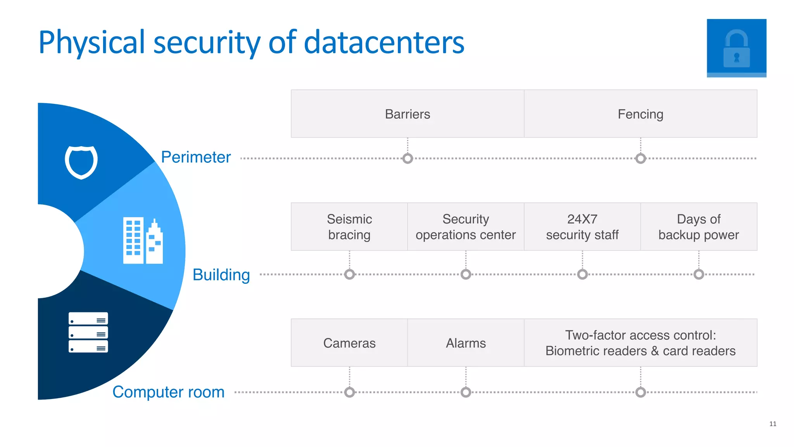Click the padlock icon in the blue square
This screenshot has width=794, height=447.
(x=736, y=48)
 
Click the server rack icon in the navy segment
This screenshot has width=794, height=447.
(x=88, y=332)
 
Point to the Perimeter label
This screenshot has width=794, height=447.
(x=196, y=157)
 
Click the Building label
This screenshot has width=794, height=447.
(x=221, y=274)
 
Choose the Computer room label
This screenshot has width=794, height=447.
(x=168, y=392)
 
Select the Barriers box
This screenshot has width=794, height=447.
(x=407, y=114)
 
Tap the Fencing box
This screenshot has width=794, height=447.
(x=640, y=114)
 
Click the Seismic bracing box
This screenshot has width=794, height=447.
(x=349, y=227)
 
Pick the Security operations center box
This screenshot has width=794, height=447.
(x=466, y=227)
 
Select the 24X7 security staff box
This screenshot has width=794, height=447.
(x=582, y=227)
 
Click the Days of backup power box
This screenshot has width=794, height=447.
(x=699, y=227)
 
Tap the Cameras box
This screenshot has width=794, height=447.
(x=349, y=343)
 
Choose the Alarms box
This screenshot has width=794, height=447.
(x=466, y=343)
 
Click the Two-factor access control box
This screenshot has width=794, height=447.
(x=640, y=343)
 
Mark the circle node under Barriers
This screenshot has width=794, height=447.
(x=407, y=159)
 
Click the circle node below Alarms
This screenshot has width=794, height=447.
(x=466, y=392)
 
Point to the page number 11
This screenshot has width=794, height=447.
(x=773, y=424)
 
